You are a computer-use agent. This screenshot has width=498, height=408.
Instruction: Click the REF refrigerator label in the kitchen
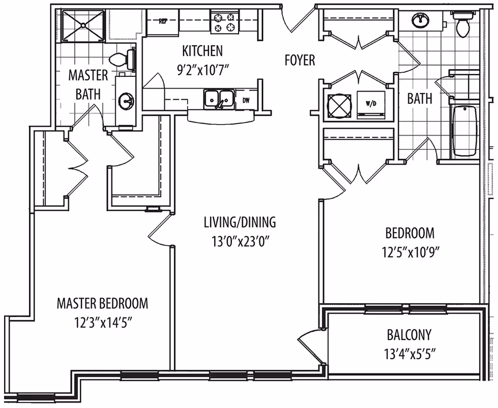[x=163, y=22]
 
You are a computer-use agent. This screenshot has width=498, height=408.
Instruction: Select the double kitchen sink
[x=219, y=99]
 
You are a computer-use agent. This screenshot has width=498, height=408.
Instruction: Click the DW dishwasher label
[x=246, y=100]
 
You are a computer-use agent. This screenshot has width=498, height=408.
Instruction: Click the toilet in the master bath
[x=122, y=59]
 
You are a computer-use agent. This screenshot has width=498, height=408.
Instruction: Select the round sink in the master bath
[x=126, y=102]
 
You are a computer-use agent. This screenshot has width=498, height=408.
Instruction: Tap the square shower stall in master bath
[x=83, y=26]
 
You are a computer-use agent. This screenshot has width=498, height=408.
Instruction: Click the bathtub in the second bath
[x=464, y=131]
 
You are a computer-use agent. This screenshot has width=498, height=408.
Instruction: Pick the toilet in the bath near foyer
[x=462, y=23]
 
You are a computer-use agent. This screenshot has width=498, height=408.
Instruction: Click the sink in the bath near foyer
[x=421, y=21]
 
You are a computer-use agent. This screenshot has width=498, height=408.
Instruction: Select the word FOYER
[x=300, y=60]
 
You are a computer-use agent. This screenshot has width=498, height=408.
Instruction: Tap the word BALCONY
[x=409, y=335]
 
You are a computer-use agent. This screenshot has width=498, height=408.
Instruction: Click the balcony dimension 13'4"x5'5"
[x=409, y=354]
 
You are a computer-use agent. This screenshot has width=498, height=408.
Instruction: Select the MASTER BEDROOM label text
[x=102, y=304]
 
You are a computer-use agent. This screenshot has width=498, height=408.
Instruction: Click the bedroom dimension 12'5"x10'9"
[x=410, y=253]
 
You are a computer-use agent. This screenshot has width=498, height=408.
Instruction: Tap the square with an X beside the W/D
[x=339, y=105]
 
